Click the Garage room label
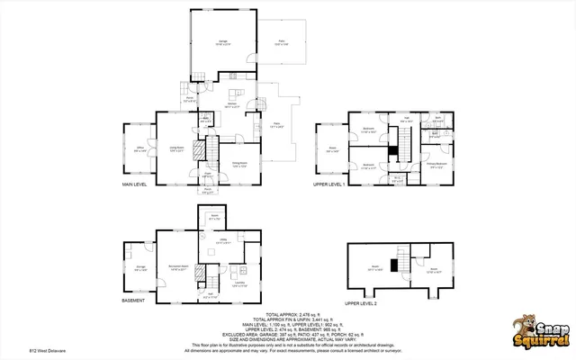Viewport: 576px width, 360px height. point(221,41)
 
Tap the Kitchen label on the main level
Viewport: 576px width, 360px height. point(230,105)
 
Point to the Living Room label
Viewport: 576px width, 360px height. point(177,149)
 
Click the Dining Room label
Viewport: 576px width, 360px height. point(239,163)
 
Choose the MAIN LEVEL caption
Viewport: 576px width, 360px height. point(135,184)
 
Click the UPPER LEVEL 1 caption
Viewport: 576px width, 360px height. point(329,184)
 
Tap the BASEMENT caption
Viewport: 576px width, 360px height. point(133,301)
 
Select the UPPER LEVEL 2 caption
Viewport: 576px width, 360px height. point(361,303)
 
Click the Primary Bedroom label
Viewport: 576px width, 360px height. point(436,166)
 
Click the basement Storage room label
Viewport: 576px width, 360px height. point(140,267)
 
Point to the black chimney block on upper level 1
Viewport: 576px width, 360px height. point(393,148)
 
